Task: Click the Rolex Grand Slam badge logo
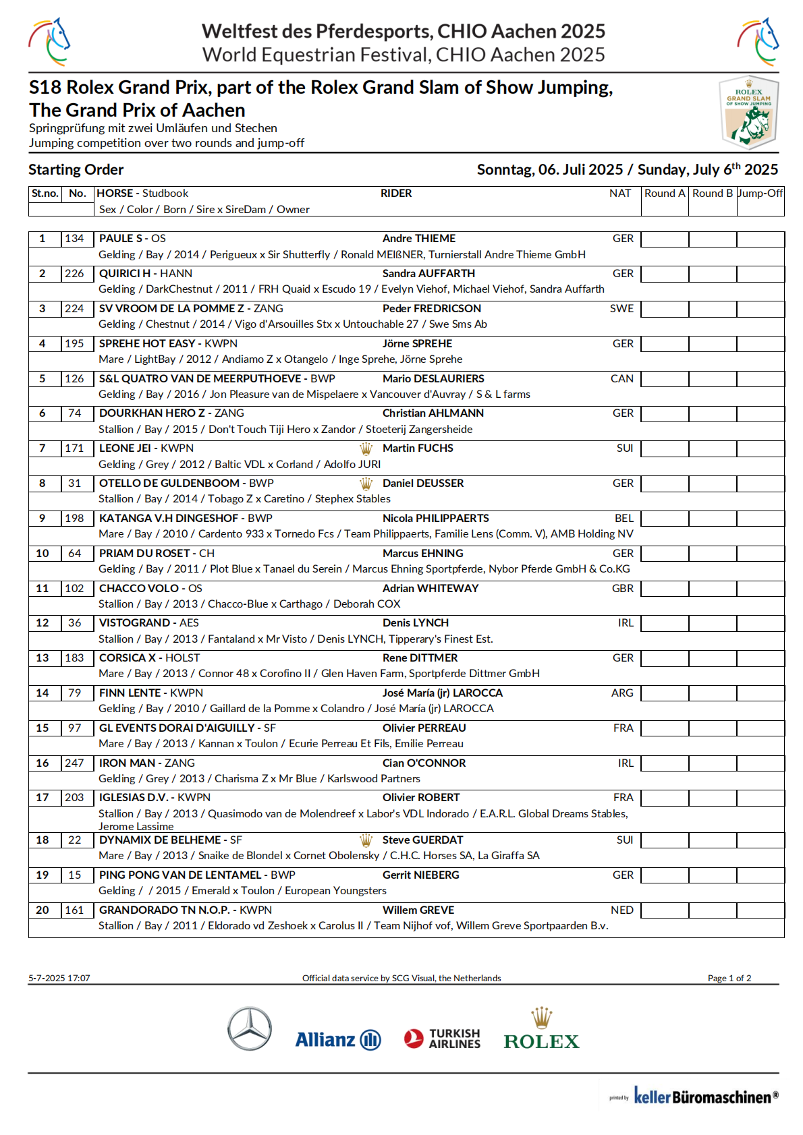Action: click(x=748, y=113)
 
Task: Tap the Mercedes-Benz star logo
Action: click(x=249, y=1029)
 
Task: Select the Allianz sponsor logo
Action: click(x=338, y=1039)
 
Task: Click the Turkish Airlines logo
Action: click(x=443, y=1039)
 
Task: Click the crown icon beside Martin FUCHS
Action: click(x=366, y=448)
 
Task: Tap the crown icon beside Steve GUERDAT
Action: click(x=366, y=840)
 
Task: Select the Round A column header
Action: click(x=665, y=194)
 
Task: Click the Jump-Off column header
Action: click(x=760, y=194)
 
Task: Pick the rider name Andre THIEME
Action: click(x=419, y=239)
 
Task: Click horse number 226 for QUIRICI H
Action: click(x=74, y=274)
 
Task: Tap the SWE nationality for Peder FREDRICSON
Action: click(x=621, y=309)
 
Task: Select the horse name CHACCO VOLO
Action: click(x=139, y=589)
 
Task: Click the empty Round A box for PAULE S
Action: click(x=665, y=239)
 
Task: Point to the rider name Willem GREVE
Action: click(x=418, y=910)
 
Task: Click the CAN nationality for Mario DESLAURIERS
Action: click(x=621, y=379)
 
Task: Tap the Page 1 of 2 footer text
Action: click(x=729, y=979)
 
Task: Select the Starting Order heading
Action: click(x=76, y=170)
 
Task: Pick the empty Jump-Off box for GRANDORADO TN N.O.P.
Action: click(x=760, y=910)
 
